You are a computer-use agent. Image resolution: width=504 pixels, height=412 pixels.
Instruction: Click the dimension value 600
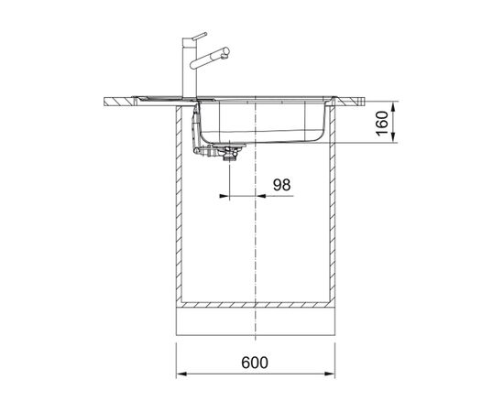pyautogui.click(x=255, y=363)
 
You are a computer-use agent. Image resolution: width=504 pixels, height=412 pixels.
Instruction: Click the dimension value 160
pyautogui.click(x=382, y=124)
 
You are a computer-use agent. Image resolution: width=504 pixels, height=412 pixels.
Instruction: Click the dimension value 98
pyautogui.click(x=281, y=185)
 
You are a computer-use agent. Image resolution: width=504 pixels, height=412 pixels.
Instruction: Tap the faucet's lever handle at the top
pyautogui.click(x=199, y=36)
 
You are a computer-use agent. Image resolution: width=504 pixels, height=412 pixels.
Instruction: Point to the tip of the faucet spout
pyautogui.click(x=226, y=51)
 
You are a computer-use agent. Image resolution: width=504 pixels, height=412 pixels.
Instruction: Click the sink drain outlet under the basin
pyautogui.click(x=230, y=152)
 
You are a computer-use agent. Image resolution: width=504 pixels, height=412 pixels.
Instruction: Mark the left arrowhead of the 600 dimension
pyautogui.click(x=181, y=374)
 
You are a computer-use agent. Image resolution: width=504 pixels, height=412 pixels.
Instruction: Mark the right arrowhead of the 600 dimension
pyautogui.click(x=330, y=374)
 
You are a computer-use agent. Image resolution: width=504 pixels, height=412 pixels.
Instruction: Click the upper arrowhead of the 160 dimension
pyautogui.click(x=393, y=106)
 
